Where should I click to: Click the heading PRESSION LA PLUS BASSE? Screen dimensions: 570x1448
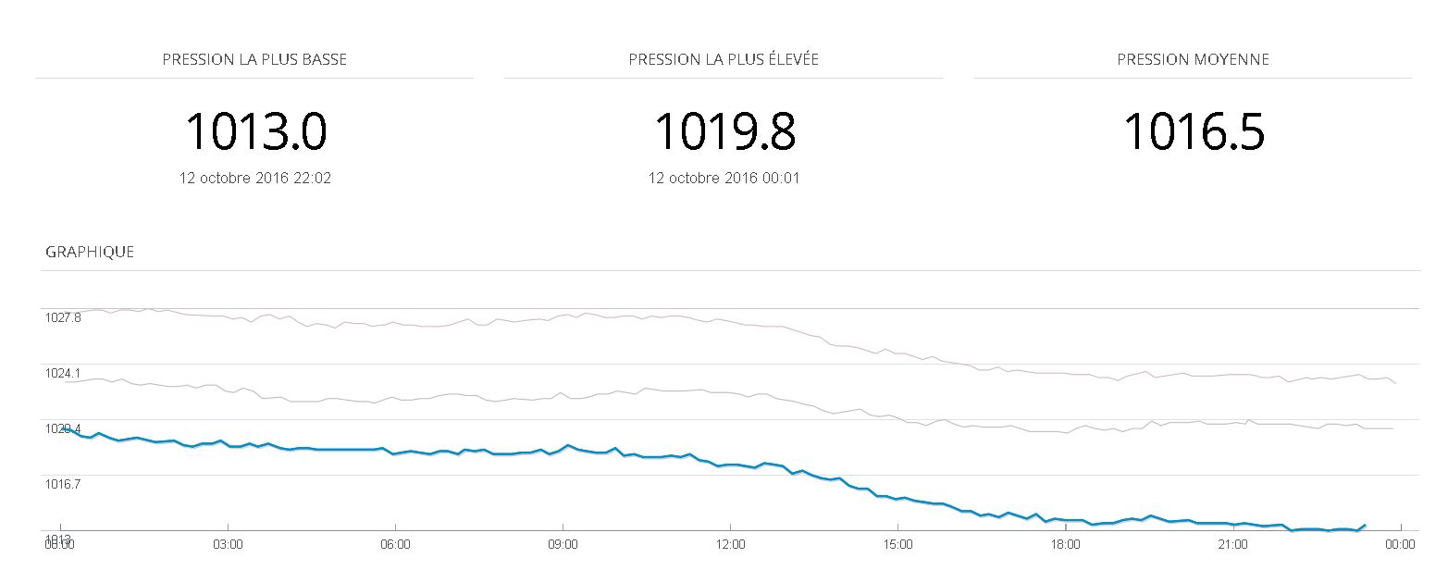point(254,59)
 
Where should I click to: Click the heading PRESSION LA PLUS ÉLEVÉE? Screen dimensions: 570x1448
point(724,59)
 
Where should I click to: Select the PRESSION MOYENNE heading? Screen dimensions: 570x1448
point(1193,59)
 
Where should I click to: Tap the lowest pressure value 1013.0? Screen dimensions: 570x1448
point(255,130)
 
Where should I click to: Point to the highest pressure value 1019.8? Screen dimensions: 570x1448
point(724,130)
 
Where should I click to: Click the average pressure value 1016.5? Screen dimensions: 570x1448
point(1194,130)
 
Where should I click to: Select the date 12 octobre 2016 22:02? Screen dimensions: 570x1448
point(255,178)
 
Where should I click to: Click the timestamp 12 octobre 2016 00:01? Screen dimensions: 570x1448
point(724,178)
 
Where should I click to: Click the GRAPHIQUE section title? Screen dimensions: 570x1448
point(90,252)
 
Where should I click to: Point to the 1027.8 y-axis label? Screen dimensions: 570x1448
point(63,317)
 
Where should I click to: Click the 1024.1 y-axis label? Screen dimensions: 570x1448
point(63,373)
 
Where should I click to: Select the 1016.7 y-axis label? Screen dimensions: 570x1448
point(63,484)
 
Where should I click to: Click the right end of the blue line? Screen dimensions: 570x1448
point(1365,525)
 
